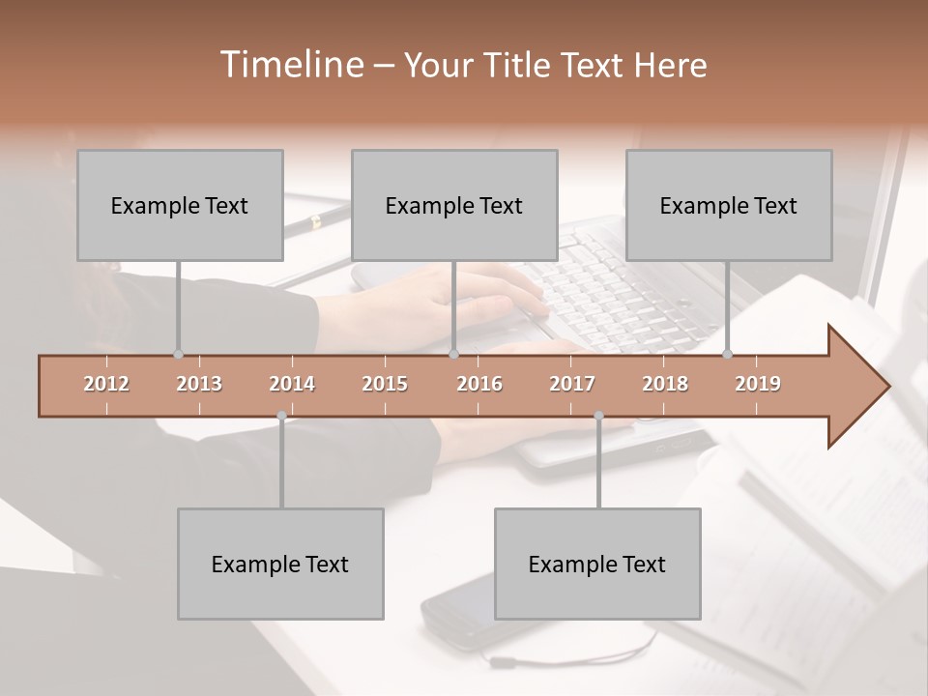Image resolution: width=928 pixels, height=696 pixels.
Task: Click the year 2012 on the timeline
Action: [106, 384]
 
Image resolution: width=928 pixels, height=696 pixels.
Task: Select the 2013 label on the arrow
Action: [199, 384]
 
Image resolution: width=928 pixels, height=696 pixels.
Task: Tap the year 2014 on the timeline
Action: [292, 384]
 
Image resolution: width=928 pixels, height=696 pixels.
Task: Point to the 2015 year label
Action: [385, 384]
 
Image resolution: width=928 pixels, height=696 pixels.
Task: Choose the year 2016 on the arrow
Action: [479, 384]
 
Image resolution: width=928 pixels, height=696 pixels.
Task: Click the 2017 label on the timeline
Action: [572, 384]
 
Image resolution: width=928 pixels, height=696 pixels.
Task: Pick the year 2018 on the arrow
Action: [665, 384]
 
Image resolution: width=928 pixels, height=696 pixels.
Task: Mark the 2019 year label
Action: [758, 384]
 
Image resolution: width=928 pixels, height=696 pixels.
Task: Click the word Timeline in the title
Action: [290, 65]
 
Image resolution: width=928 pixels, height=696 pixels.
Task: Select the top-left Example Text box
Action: [180, 205]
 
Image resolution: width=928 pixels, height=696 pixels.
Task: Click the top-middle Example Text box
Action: [454, 205]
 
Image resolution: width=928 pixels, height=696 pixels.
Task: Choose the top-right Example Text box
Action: [729, 205]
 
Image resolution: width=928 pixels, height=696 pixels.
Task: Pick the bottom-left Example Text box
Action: [280, 564]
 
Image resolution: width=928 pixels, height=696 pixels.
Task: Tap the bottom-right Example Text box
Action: [597, 564]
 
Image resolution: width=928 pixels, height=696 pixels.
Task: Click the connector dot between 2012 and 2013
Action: [178, 354]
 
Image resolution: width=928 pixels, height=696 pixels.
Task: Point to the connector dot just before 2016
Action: [453, 354]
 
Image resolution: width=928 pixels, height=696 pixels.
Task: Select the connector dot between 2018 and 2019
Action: [727, 354]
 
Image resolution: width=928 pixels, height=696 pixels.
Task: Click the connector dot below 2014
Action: [281, 416]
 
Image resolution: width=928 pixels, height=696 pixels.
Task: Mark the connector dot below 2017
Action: [598, 416]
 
